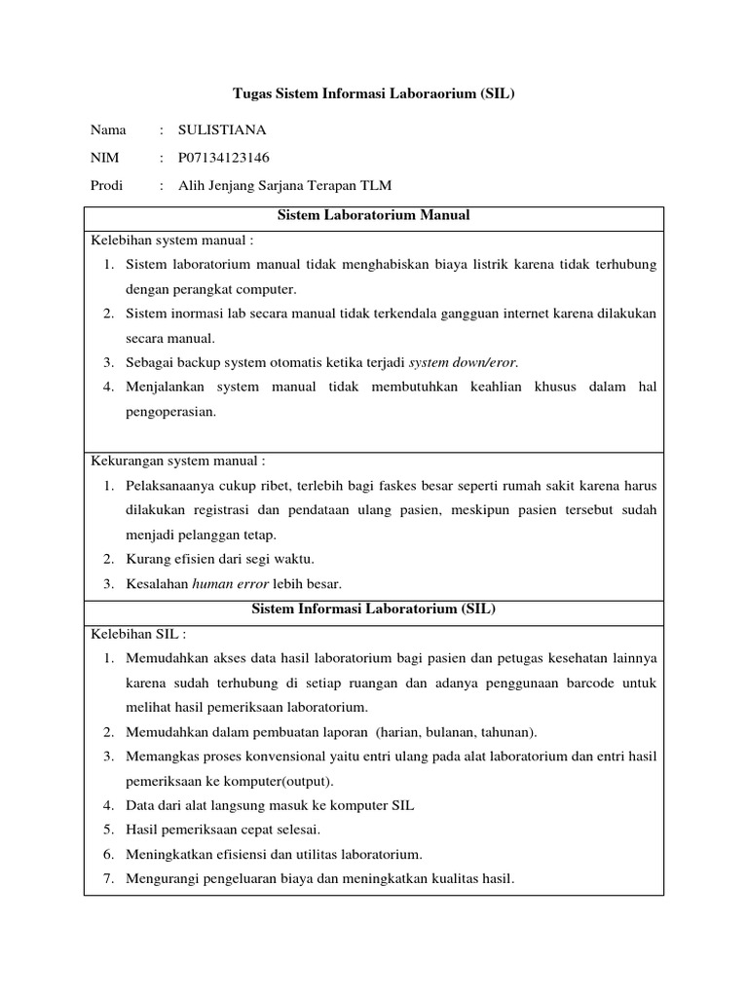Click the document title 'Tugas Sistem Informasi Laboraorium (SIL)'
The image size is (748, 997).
(373, 94)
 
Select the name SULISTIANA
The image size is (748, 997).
(222, 129)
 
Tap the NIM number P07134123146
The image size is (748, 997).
(224, 158)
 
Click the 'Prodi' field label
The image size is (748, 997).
(107, 186)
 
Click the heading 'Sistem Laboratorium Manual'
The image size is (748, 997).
(373, 215)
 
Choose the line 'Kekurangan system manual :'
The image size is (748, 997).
(178, 461)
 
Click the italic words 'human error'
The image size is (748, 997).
(234, 584)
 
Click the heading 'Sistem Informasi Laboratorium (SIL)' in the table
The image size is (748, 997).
(373, 609)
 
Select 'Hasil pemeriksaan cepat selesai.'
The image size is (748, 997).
(223, 830)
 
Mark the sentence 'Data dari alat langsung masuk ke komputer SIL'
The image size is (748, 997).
(270, 805)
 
